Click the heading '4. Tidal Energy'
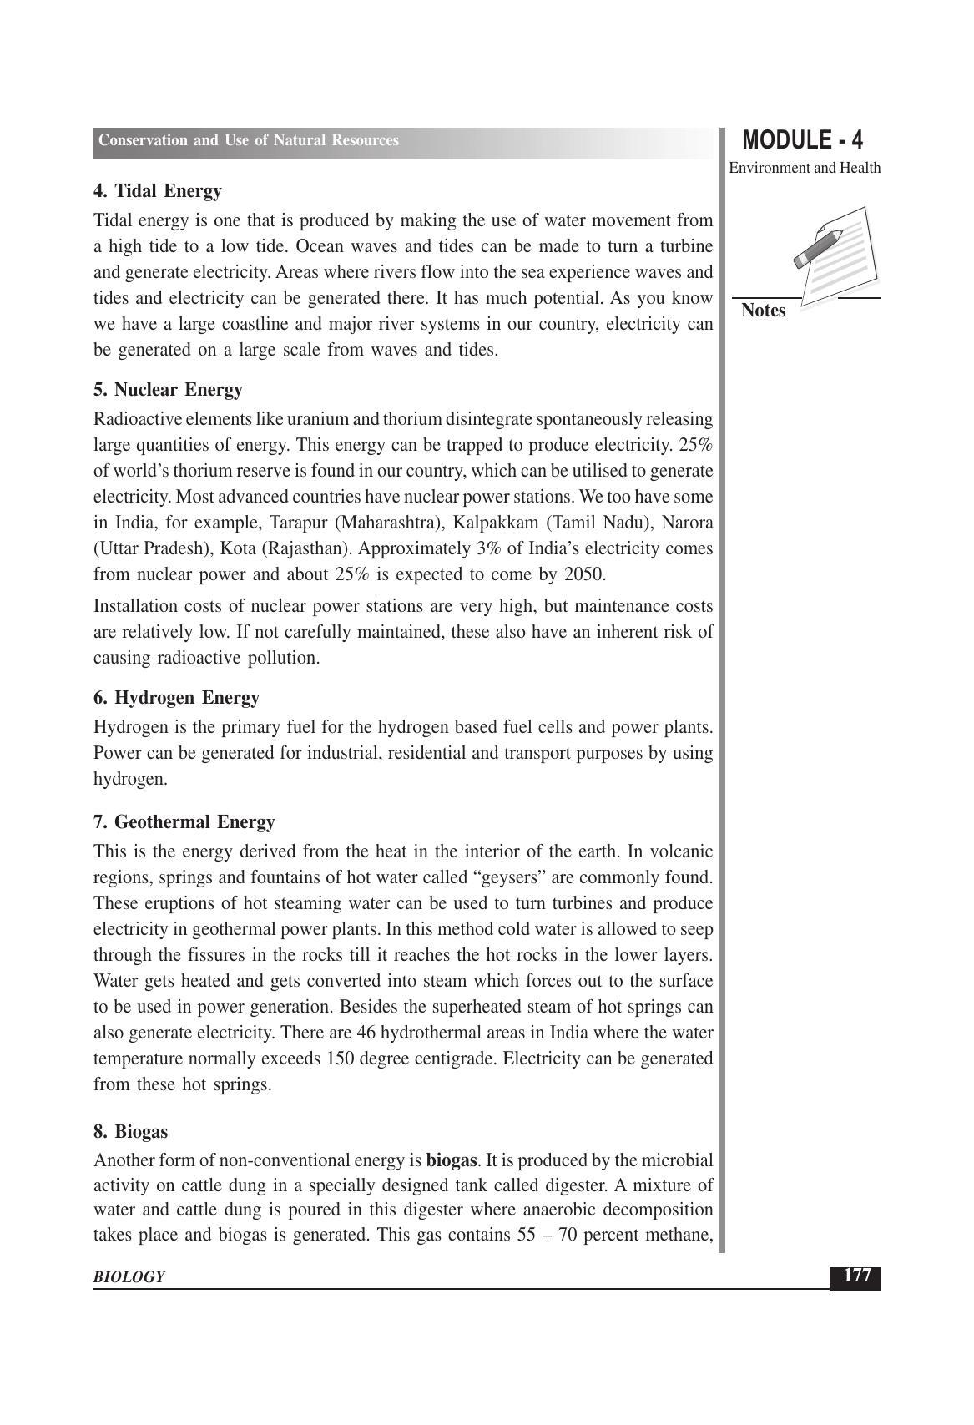point(158,191)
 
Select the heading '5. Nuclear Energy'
point(168,390)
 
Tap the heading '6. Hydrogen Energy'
point(176,698)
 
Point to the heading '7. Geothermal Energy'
point(184,822)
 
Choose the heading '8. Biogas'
point(130,1132)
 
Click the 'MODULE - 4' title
point(802,139)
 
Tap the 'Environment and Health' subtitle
point(805,168)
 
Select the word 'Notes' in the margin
point(763,311)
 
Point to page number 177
point(856,1276)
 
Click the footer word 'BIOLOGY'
point(129,1277)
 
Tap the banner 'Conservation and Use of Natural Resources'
point(249,140)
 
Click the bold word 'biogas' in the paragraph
point(452,1160)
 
